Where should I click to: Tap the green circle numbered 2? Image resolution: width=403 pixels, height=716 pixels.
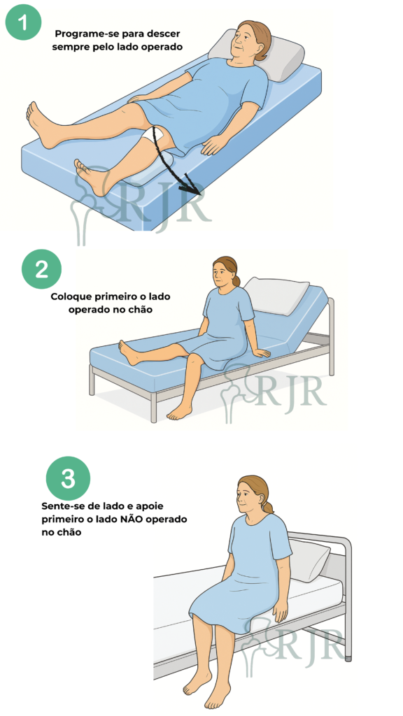(41, 269)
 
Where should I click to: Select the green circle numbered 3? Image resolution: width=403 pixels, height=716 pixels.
(68, 479)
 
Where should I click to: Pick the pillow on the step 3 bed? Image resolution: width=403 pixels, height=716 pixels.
(309, 559)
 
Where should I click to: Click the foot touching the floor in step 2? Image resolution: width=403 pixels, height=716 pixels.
(179, 413)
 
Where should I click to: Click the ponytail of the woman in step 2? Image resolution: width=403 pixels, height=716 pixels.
(236, 280)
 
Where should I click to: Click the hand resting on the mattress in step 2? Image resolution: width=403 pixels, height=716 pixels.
(261, 352)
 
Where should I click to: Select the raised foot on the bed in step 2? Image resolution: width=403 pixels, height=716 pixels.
(129, 352)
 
